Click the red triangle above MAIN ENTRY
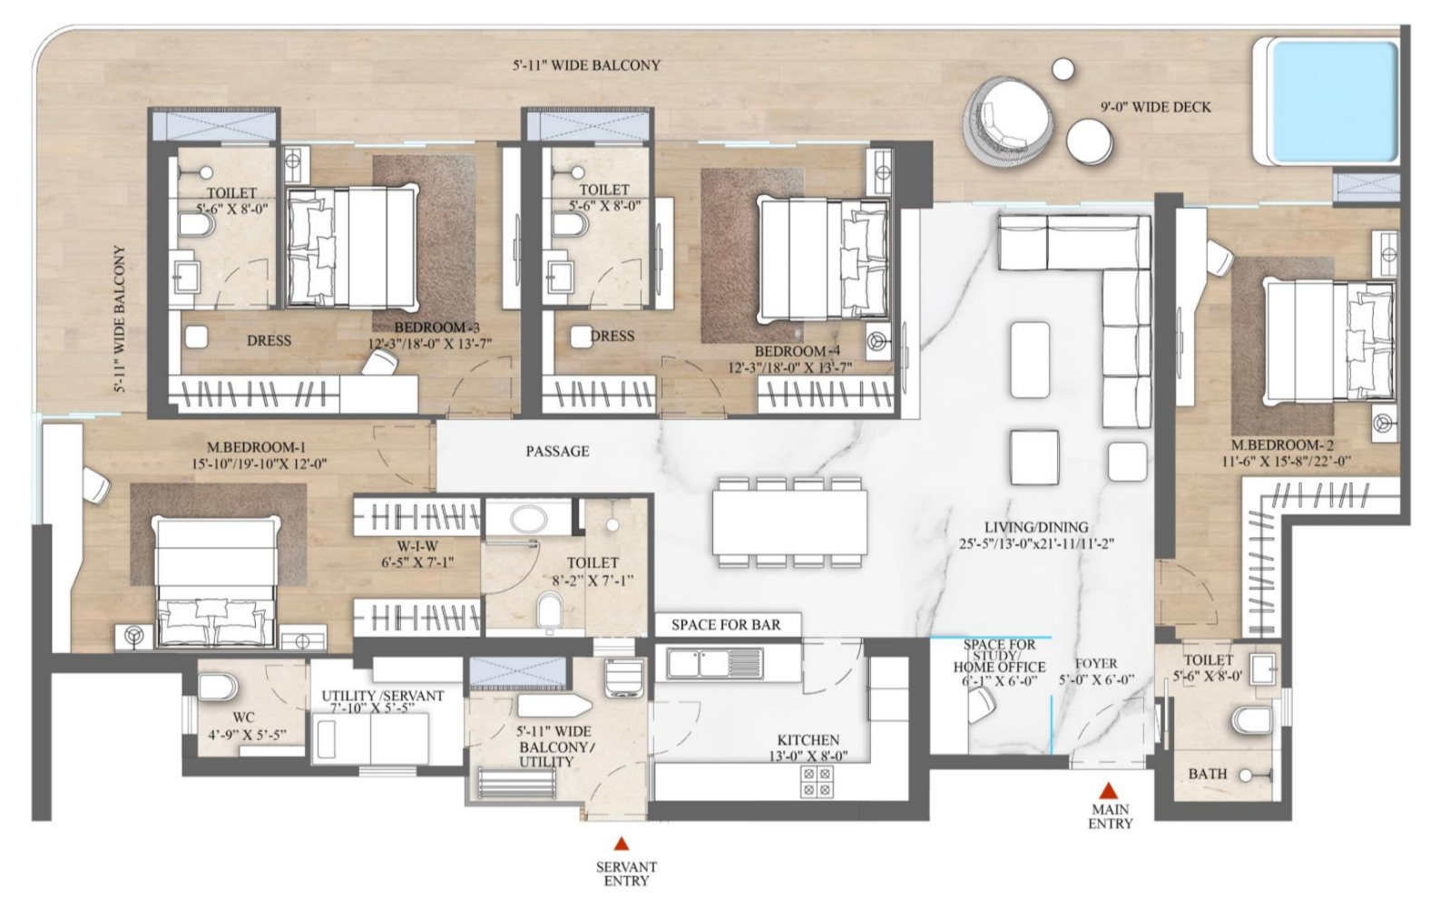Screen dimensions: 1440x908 tap(1108, 790)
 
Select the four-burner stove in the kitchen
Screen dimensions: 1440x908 tap(817, 781)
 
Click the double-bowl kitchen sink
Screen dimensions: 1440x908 tap(715, 663)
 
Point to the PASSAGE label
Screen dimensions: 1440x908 tap(557, 452)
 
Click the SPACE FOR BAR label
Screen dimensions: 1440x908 tap(726, 625)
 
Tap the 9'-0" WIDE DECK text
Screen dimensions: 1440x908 tap(1155, 107)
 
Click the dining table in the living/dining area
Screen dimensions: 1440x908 tap(790, 522)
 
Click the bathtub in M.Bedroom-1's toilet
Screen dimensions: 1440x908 tap(528, 519)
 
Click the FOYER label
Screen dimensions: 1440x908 tap(1096, 664)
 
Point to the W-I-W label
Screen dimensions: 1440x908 tap(417, 547)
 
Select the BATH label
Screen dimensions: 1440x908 tap(1208, 775)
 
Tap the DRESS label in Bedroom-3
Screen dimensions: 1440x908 tap(269, 341)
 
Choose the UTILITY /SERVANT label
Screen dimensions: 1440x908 tap(383, 696)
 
